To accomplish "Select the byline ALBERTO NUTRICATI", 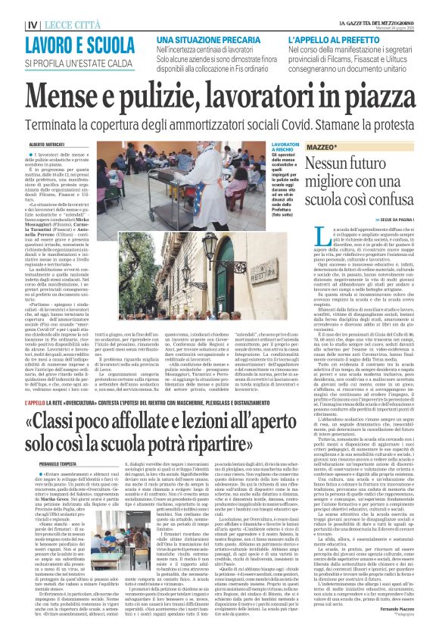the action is point(48,142).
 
